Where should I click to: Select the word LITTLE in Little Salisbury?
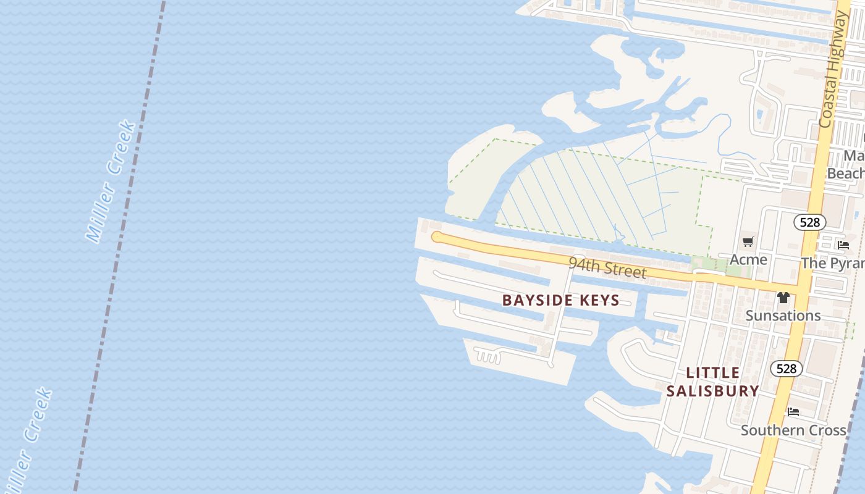[x=713, y=373]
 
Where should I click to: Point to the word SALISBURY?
[x=713, y=391]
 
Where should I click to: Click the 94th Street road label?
[x=607, y=267]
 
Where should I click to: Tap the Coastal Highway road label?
[x=833, y=69]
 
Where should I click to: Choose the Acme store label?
[x=748, y=259]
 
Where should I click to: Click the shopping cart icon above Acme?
[x=748, y=241]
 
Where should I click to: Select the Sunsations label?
[x=783, y=316]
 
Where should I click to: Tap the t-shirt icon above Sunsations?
[x=783, y=298]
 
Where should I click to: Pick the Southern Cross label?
[x=793, y=430]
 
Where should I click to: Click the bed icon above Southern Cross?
[x=793, y=412]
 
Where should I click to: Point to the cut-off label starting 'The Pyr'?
[x=833, y=263]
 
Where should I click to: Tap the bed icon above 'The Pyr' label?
[x=843, y=245]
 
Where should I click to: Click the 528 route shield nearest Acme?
[x=809, y=222]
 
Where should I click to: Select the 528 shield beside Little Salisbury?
[x=786, y=369]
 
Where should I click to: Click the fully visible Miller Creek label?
[x=111, y=182]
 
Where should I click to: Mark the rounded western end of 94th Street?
[x=437, y=237]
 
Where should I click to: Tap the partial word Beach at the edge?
[x=845, y=174]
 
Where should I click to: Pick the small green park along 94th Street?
[x=720, y=266]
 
